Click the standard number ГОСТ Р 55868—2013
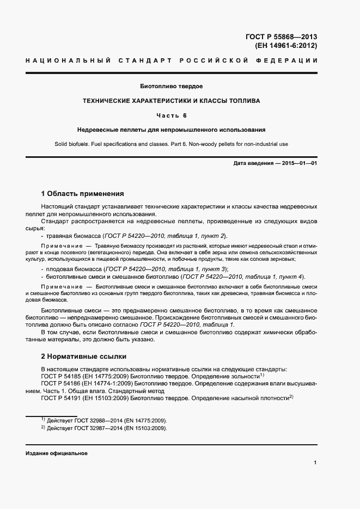click(x=281, y=37)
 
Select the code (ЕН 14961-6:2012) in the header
click(x=286, y=46)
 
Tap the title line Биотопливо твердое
click(x=172, y=87)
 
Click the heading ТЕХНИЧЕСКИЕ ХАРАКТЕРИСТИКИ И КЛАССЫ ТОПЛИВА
click(x=171, y=101)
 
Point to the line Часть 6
click(x=172, y=115)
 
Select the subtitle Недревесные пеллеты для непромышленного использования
click(x=171, y=130)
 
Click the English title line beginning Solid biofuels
click(x=171, y=144)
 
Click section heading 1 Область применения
click(x=83, y=193)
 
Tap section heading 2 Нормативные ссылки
click(x=84, y=357)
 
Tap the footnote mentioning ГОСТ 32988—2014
click(x=104, y=421)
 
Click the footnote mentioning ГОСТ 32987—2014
click(x=104, y=428)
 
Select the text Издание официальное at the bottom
click(x=56, y=453)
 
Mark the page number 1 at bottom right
click(x=315, y=463)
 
